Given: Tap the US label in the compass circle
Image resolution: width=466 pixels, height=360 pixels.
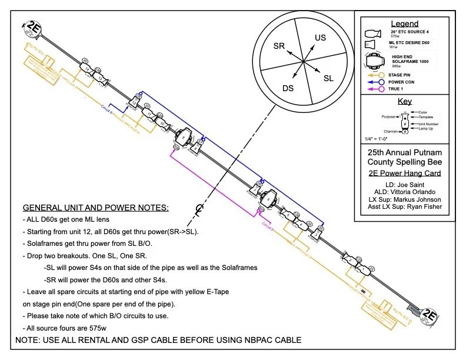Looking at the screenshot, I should [320, 38].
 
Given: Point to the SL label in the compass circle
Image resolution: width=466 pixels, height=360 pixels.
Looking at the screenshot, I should [329, 77].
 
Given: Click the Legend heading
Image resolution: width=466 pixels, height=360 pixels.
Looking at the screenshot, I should [405, 24].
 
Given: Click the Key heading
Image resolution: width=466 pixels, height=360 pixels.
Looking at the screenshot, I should [405, 101].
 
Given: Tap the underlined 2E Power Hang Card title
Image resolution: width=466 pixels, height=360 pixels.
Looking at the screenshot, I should [404, 173].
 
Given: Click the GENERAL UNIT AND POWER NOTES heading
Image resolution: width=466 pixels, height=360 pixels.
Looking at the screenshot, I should [95, 208].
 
